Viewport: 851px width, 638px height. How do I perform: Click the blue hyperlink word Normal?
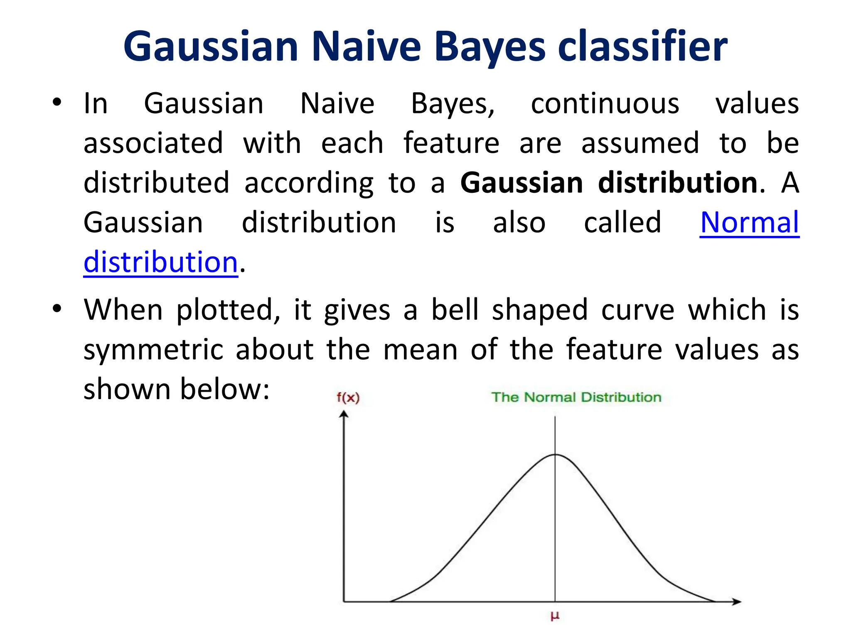(749, 223)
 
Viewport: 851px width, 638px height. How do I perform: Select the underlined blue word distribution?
(160, 263)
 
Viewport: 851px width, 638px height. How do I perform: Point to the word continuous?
(605, 104)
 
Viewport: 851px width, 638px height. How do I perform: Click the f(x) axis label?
(348, 398)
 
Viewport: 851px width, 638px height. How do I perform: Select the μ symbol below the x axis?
(555, 616)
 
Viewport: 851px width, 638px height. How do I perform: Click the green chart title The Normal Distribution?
(576, 397)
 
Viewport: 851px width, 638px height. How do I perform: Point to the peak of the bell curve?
(555, 455)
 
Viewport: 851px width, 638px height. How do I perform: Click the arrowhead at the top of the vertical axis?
(343, 414)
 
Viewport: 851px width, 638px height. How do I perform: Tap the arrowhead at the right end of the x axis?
(736, 601)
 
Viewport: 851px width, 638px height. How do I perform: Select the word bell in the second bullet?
(455, 310)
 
